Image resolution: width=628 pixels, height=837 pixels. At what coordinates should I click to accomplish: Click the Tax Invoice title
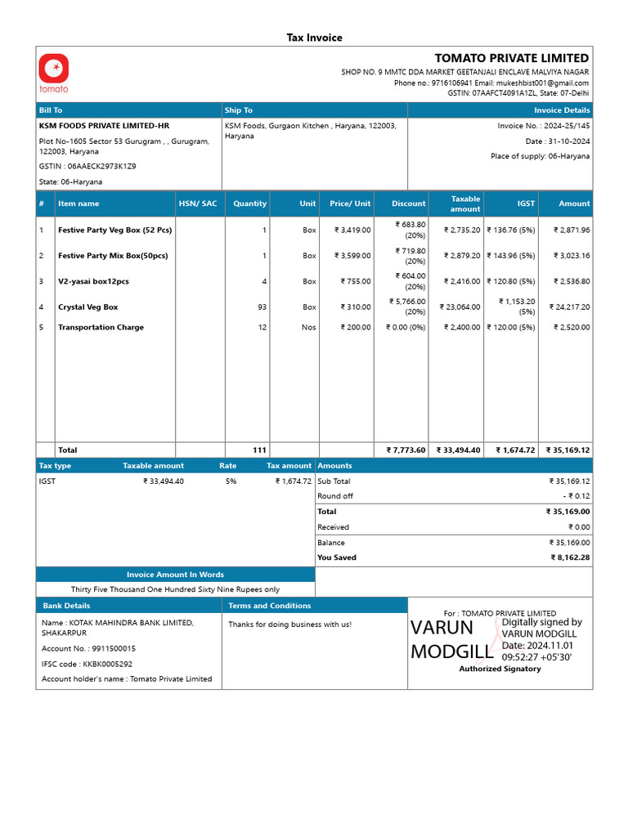(x=314, y=38)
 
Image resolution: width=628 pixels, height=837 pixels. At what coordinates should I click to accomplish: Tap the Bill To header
(x=51, y=110)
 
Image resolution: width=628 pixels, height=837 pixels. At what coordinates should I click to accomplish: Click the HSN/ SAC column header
(x=197, y=204)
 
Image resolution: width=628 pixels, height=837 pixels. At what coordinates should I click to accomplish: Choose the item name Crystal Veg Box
(x=87, y=307)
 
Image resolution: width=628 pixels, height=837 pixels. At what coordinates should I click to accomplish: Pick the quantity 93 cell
(x=262, y=307)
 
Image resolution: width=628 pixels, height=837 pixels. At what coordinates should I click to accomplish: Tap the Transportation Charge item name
(x=101, y=328)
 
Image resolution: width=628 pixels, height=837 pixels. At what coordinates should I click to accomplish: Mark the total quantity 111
(x=259, y=450)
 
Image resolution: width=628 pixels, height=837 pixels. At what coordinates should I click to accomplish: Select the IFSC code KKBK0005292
(x=107, y=664)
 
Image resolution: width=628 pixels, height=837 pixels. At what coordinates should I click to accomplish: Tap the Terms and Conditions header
(x=270, y=606)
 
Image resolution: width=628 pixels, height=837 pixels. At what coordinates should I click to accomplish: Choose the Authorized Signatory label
(x=500, y=669)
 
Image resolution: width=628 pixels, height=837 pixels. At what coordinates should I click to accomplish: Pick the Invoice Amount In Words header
(x=175, y=575)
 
